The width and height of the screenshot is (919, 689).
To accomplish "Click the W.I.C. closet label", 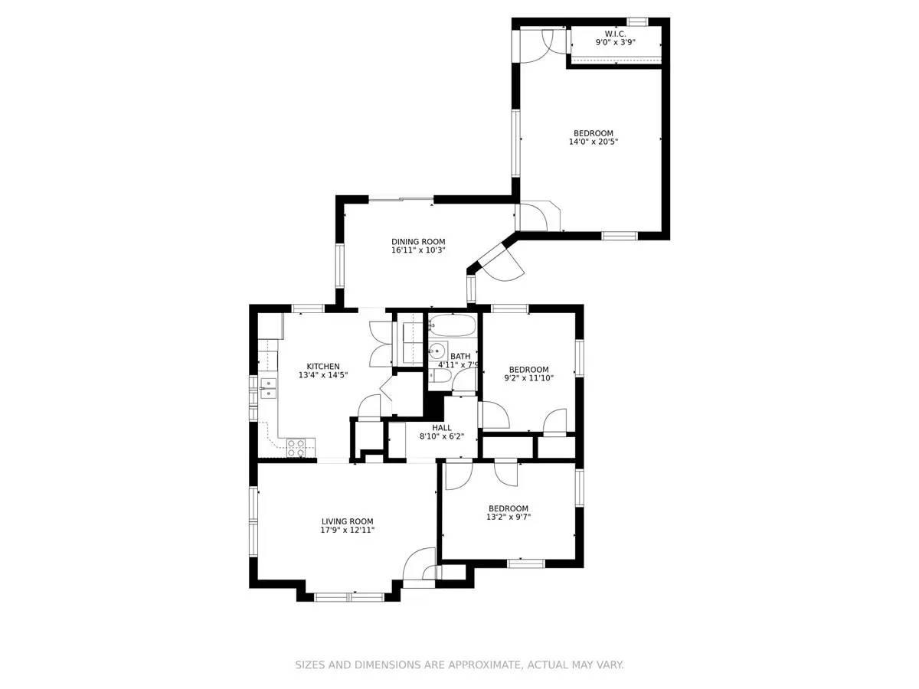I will click(x=615, y=34).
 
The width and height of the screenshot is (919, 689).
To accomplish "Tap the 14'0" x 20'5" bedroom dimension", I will click(x=594, y=142).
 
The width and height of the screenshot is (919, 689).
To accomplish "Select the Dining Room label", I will click(x=418, y=242).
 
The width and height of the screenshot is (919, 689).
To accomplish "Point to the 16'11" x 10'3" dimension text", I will click(x=418, y=250).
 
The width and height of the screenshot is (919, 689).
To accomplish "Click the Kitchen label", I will click(x=323, y=367).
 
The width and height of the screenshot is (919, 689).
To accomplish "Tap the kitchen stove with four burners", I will click(x=296, y=448).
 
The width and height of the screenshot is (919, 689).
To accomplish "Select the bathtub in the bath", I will click(x=453, y=328).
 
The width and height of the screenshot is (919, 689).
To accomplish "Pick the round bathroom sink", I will click(x=437, y=352).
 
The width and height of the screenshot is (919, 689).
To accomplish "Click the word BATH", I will click(x=460, y=357).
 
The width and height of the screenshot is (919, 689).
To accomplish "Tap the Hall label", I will click(x=442, y=428).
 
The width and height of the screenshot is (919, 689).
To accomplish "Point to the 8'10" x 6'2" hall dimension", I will click(x=442, y=437).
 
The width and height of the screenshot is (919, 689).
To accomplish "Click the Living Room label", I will click(x=347, y=521).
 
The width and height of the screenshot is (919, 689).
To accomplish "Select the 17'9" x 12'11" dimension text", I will click(x=347, y=531).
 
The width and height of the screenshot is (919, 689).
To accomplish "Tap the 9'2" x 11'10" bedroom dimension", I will click(x=528, y=377).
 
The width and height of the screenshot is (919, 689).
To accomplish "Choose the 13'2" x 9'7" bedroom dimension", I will click(x=509, y=518).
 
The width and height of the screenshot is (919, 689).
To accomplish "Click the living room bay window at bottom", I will click(x=349, y=596).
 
